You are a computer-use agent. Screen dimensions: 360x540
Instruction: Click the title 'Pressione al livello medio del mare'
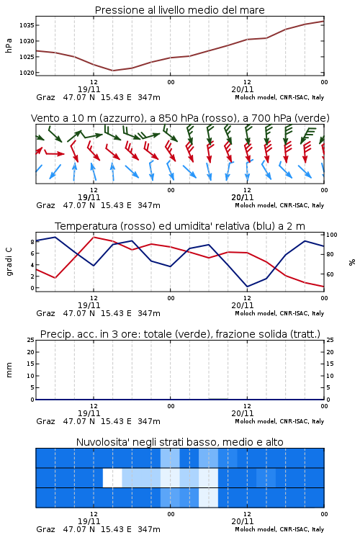[179, 10]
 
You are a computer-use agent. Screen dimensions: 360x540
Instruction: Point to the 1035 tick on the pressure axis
[27, 25]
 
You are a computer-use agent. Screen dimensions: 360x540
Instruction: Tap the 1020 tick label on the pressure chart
[27, 73]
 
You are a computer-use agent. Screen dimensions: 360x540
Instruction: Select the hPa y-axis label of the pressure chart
[9, 45]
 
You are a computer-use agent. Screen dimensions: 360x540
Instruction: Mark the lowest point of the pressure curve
[112, 71]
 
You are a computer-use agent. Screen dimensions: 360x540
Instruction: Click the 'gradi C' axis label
[9, 261]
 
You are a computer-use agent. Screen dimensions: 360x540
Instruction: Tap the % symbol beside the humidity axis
[352, 262]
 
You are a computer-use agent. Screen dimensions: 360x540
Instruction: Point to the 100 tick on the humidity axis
[332, 235]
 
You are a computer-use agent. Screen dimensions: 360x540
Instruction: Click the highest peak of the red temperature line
[94, 237]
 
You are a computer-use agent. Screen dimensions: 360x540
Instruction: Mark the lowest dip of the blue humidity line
[247, 287]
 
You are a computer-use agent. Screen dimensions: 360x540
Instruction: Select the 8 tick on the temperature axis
[32, 242]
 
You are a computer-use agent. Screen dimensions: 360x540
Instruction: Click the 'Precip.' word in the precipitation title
[53, 334]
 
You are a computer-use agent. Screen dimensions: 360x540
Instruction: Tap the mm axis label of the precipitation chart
[9, 370]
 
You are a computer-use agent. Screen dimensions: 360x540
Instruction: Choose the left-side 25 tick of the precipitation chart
[31, 341]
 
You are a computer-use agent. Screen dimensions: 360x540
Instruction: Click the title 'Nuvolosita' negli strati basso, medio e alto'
[179, 442]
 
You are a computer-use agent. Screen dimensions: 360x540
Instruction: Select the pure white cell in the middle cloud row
[112, 477]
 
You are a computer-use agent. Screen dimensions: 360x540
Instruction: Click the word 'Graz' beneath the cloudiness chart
[45, 529]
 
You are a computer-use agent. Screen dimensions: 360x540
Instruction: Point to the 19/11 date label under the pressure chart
[89, 89]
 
